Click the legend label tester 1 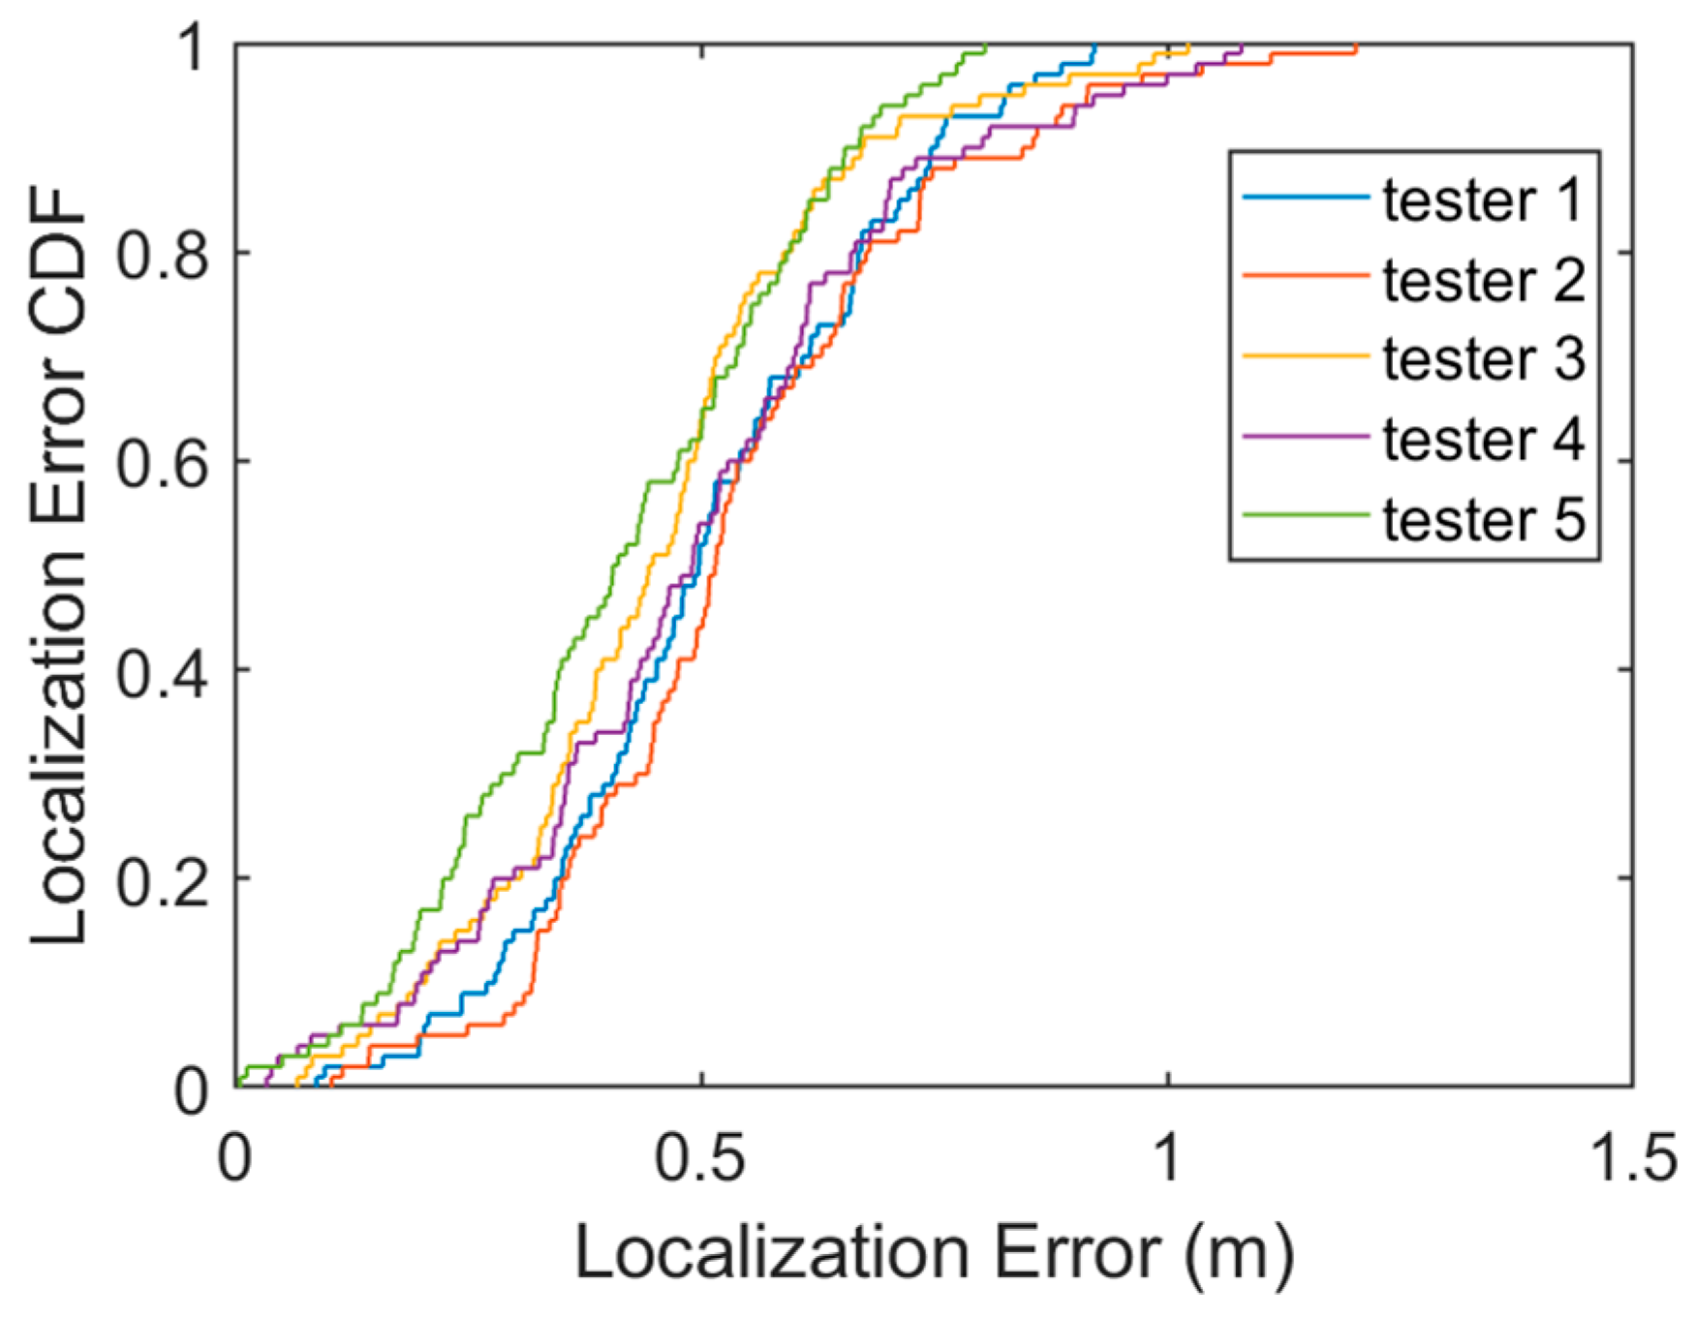tap(1482, 200)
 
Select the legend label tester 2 tap(1482, 281)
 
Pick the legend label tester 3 tap(1482, 359)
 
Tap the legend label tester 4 tap(1482, 440)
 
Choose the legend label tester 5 tap(1482, 520)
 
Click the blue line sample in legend tap(1306, 198)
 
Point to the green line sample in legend tap(1306, 515)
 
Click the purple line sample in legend tap(1306, 436)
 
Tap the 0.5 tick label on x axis tap(700, 1158)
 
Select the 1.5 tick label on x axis tap(1634, 1158)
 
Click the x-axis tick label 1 tap(1167, 1158)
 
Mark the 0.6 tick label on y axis tap(162, 462)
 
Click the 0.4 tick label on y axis tap(162, 670)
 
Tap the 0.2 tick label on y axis tap(162, 878)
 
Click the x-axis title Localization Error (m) tap(934, 1254)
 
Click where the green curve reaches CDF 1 tap(984, 46)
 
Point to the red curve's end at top tap(1355, 46)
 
